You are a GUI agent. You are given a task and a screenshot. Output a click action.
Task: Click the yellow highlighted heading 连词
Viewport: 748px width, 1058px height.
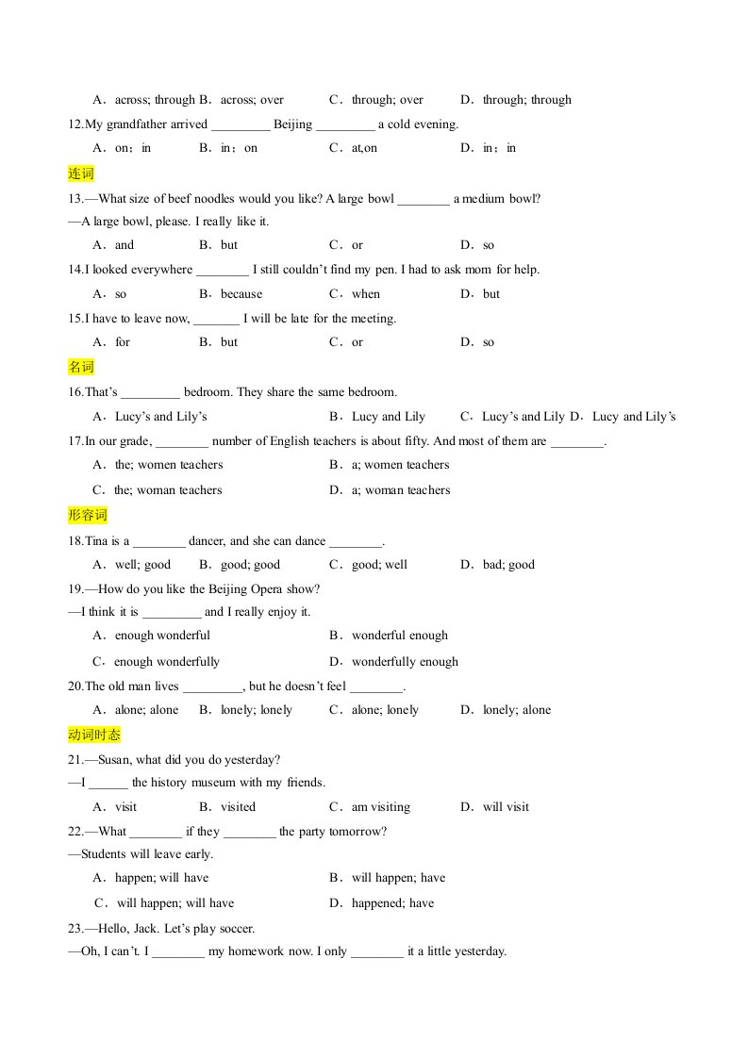(81, 174)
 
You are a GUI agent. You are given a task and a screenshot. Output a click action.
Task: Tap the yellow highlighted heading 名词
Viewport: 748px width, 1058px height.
(81, 367)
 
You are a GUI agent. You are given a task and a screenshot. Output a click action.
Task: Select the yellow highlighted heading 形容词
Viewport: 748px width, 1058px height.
(88, 515)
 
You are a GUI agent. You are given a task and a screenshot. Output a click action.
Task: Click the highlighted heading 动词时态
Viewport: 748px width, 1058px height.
(94, 735)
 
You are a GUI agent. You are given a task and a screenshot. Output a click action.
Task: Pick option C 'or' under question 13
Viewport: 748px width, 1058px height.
(357, 245)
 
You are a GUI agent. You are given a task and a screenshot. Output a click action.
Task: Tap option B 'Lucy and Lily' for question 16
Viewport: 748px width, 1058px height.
(388, 417)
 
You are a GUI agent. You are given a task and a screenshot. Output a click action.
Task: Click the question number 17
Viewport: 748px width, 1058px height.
(75, 441)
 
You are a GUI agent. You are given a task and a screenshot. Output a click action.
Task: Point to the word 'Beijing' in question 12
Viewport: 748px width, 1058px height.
(292, 124)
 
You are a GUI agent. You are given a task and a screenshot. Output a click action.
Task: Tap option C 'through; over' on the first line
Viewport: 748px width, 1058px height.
(387, 100)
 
